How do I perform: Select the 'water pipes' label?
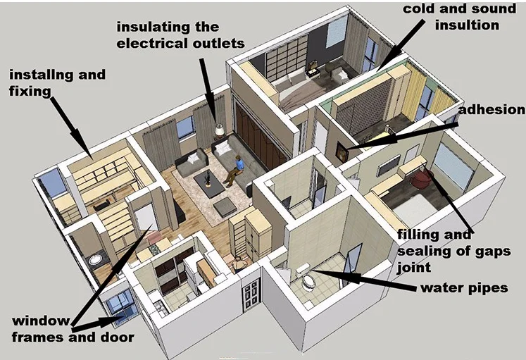click(464, 288)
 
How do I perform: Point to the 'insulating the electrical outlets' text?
click(180, 35)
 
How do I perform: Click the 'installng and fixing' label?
click(57, 82)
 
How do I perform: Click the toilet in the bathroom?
click(308, 281)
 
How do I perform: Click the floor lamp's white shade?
click(219, 130)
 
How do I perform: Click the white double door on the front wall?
click(251, 293)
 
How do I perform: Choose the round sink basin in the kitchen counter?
click(94, 259)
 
